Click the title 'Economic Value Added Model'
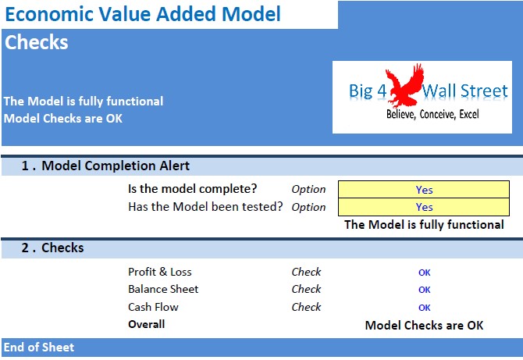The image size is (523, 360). tap(143, 14)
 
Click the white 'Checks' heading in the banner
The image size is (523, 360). tap(37, 42)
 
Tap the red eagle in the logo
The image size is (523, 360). tap(404, 85)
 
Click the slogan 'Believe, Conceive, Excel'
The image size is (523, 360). tap(432, 114)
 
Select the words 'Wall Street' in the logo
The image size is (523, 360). tap(465, 91)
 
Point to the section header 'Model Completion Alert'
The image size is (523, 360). tap(116, 166)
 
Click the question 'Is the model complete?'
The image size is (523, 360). tap(193, 189)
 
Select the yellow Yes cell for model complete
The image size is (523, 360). tap(424, 190)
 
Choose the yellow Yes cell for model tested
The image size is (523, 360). tap(424, 207)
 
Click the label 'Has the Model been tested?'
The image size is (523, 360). tap(205, 206)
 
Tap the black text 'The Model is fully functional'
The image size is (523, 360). tap(424, 225)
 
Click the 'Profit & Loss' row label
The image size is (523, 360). tap(160, 272)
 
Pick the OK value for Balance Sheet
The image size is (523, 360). tap(425, 290)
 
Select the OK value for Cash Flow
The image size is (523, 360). tap(425, 308)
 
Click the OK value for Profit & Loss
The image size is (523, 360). tap(425, 273)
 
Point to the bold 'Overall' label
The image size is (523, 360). tap(147, 324)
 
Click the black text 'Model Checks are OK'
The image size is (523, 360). tap(424, 326)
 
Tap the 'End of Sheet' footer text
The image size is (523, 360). tap(39, 348)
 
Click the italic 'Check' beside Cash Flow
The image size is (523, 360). tap(306, 307)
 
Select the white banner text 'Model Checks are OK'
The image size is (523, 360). tap(63, 119)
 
